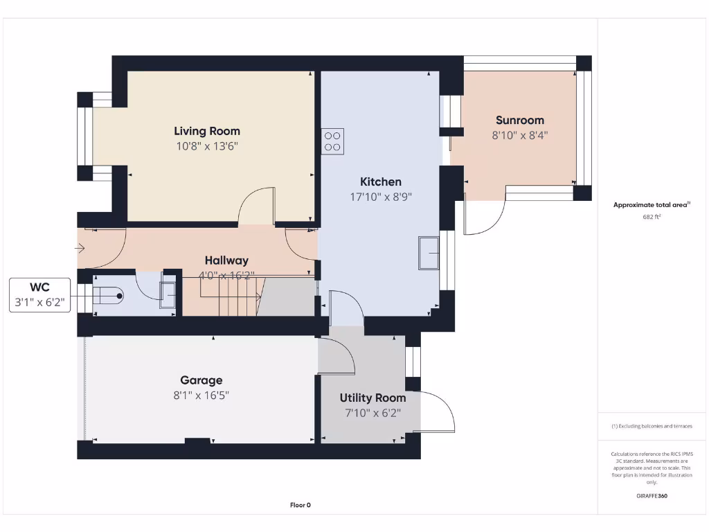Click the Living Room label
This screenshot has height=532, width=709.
(207, 131)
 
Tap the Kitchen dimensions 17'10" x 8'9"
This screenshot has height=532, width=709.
(381, 197)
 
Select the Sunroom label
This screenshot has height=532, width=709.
(520, 121)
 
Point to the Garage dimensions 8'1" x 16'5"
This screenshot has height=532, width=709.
(201, 396)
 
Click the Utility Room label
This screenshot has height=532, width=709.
(373, 398)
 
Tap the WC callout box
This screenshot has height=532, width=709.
(39, 295)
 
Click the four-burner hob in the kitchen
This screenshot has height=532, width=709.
(332, 141)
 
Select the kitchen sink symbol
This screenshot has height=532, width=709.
(429, 254)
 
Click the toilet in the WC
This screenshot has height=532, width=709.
(107, 296)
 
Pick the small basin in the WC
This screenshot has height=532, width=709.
(168, 295)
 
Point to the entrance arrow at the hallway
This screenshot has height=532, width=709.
(80, 248)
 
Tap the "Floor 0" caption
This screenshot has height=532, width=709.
(300, 505)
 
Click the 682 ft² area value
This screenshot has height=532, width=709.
(652, 217)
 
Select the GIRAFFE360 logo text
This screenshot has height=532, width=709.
(652, 496)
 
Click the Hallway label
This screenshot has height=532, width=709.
(226, 260)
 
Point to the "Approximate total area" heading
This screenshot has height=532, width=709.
(652, 205)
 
